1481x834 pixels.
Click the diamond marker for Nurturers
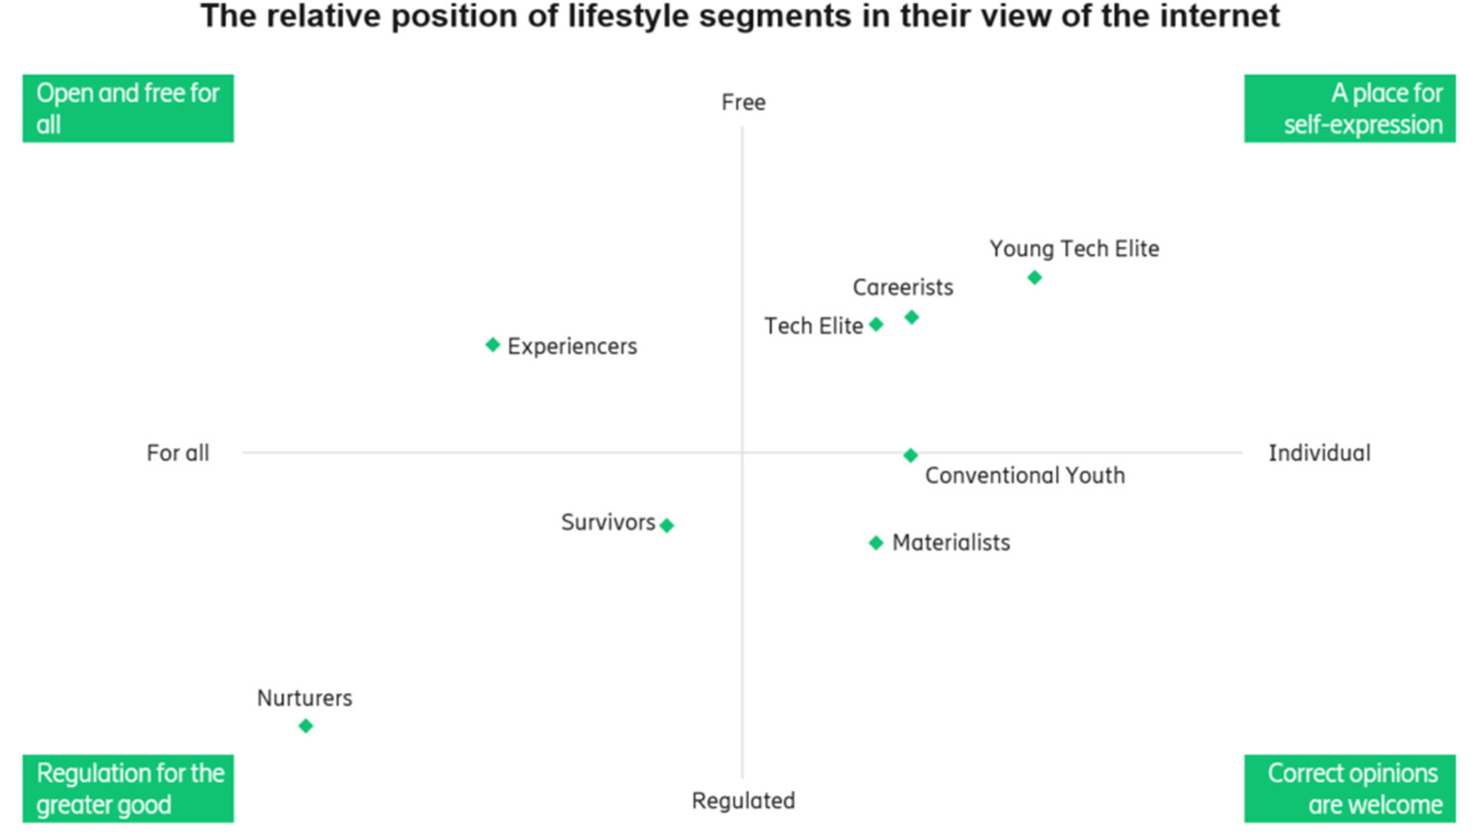pyautogui.click(x=305, y=726)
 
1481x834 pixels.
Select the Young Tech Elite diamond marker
pyautogui.click(x=1034, y=277)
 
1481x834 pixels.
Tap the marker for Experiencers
pyautogui.click(x=492, y=345)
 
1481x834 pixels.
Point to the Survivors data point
pyautogui.click(x=667, y=525)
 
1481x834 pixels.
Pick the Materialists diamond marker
pyautogui.click(x=876, y=543)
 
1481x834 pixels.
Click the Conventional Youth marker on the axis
pyautogui.click(x=910, y=456)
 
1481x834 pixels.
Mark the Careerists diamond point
pyautogui.click(x=911, y=317)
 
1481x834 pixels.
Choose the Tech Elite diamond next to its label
pyautogui.click(x=876, y=324)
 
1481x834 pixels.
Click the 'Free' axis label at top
pyautogui.click(x=743, y=102)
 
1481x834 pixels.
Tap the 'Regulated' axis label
pyautogui.click(x=743, y=800)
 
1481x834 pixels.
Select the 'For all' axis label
pyautogui.click(x=177, y=453)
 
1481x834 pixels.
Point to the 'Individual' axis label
pyautogui.click(x=1320, y=453)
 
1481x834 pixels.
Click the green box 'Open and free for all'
pyautogui.click(x=128, y=108)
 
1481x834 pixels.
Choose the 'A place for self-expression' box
pyautogui.click(x=1349, y=108)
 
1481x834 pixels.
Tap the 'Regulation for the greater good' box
pyautogui.click(x=128, y=788)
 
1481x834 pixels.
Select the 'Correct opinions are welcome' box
pyautogui.click(x=1349, y=788)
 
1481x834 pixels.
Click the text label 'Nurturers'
pyautogui.click(x=304, y=697)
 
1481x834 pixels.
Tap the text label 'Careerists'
pyautogui.click(x=902, y=287)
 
